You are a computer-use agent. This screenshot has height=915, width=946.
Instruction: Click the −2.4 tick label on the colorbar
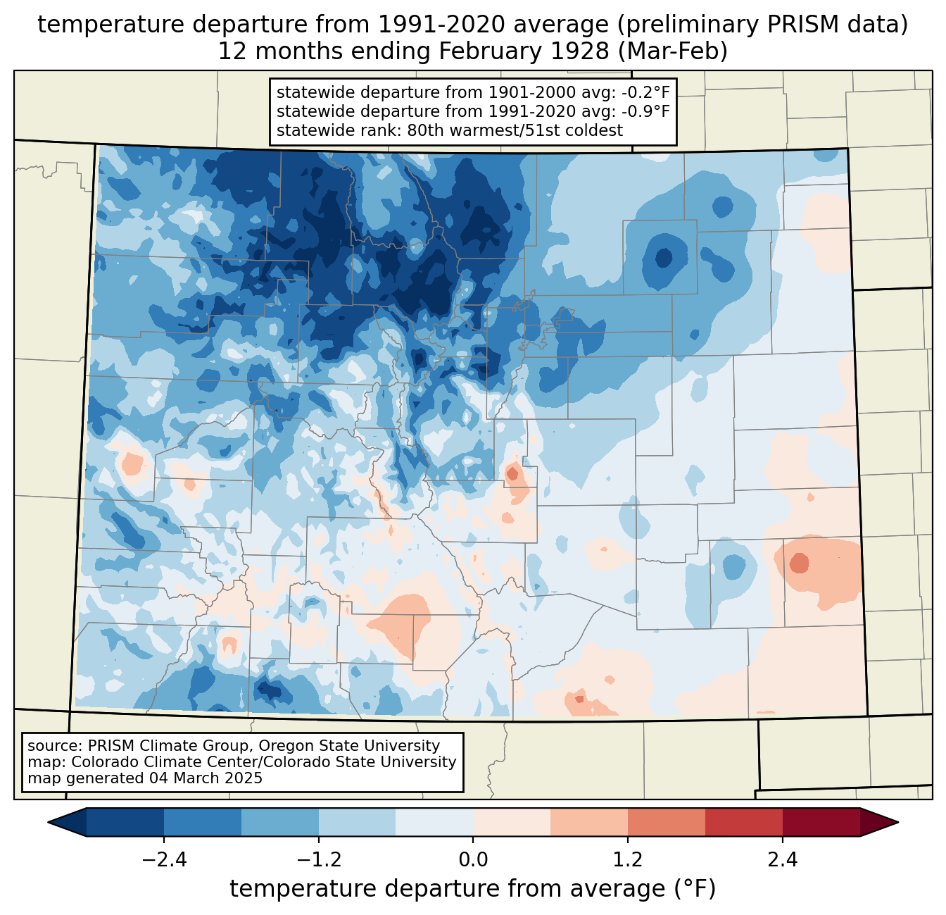click(x=164, y=860)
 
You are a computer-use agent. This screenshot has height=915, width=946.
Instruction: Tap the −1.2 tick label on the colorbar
click(x=319, y=860)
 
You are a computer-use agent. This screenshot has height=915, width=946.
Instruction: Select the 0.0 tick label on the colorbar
click(x=473, y=860)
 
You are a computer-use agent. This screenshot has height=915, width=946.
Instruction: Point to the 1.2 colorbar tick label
click(x=628, y=860)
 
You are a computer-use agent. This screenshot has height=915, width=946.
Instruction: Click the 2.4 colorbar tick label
click(x=782, y=860)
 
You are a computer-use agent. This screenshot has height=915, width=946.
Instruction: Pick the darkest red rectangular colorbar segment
click(x=821, y=822)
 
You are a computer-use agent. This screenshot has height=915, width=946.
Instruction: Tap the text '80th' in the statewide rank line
click(x=426, y=130)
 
